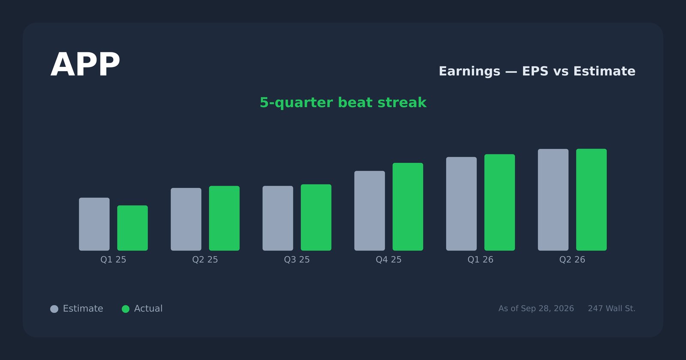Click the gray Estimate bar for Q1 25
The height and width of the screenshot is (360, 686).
coord(94,224)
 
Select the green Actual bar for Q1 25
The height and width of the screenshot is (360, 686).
coord(132,228)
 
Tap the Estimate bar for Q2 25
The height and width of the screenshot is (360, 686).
coord(186,219)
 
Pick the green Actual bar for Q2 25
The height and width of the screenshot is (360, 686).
coord(225,218)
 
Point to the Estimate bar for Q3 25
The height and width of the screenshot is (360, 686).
coord(278,218)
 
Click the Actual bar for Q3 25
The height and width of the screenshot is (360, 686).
coord(316,217)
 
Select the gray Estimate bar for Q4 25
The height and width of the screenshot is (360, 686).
coord(370,210)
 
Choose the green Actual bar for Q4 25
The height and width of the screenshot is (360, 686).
coord(408,207)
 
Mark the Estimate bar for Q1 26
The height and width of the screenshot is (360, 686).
coord(461,204)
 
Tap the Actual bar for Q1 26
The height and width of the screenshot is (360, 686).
coord(500,202)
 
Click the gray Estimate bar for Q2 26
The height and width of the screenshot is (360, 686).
coord(553,200)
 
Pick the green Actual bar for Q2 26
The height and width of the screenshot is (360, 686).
coord(591,200)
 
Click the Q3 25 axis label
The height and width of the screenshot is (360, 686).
coord(297,260)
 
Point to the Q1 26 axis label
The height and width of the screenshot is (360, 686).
coord(481,260)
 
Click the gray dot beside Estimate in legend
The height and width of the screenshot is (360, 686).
coord(54,309)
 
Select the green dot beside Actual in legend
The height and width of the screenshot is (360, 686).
coord(126,309)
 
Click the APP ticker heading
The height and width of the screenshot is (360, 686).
coord(85,65)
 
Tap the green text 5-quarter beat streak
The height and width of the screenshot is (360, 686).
coord(343,102)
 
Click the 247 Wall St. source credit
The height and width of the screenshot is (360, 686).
coord(611,308)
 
